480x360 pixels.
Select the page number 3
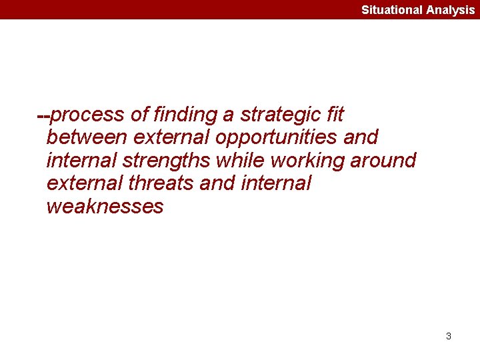(x=449, y=336)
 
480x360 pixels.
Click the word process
(x=87, y=115)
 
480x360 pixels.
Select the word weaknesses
(x=105, y=206)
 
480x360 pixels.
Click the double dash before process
(x=43, y=115)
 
